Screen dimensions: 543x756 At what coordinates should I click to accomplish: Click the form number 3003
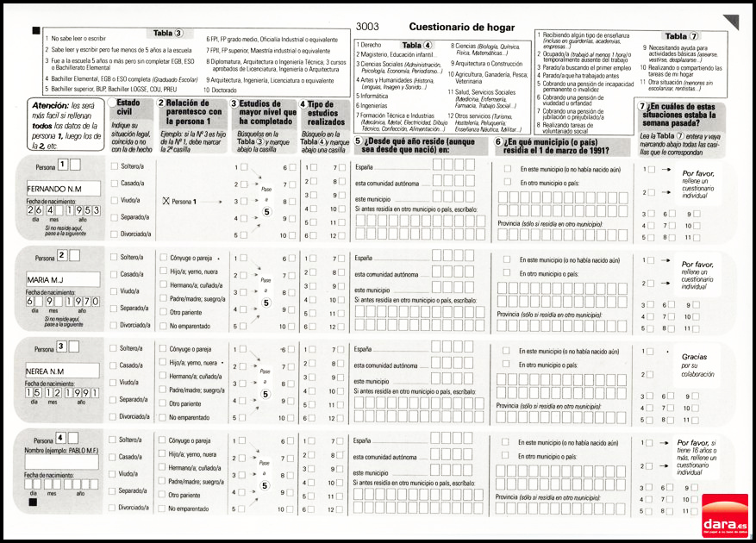tap(367, 27)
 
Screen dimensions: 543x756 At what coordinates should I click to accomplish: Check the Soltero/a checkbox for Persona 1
tap(115, 165)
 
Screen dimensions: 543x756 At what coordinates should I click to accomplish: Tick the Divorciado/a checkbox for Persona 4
tap(115, 508)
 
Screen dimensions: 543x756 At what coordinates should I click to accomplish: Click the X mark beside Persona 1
tap(165, 201)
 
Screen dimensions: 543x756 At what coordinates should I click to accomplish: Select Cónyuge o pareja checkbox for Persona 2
tap(163, 258)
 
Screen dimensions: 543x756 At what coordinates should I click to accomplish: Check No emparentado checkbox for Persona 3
tap(163, 417)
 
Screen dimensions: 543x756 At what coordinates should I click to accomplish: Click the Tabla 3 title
tap(168, 34)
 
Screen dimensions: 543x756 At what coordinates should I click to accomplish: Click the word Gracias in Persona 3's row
tap(694, 356)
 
